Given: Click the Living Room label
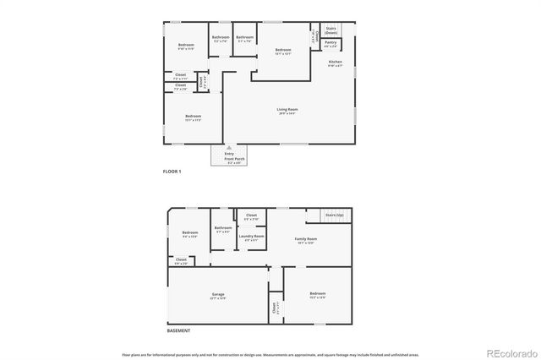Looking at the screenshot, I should [x=287, y=109].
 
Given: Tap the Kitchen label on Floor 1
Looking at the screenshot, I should [x=335, y=63].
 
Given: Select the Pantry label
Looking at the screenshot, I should [x=331, y=42].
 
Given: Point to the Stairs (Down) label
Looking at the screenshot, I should [x=331, y=29].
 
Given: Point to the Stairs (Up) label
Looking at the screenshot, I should [x=335, y=215].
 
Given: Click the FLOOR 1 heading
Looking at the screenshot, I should [x=172, y=172].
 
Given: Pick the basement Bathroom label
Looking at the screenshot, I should [x=223, y=228].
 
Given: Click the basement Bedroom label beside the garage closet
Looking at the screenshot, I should [x=317, y=296].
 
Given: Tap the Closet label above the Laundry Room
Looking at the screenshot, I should [x=251, y=215].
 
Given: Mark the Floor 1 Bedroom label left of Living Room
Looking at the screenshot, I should [x=192, y=118].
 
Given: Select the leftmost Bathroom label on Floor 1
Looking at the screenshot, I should [x=221, y=37].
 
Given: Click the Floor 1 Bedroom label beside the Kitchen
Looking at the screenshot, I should [x=283, y=51].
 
